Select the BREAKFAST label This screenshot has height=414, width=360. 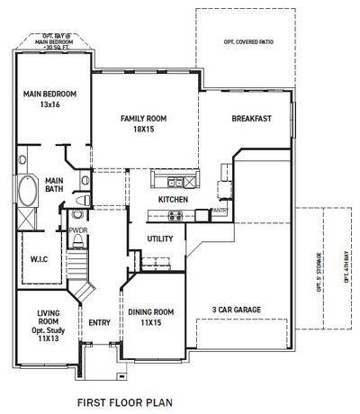(x=251, y=119)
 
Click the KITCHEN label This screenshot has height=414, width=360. (x=173, y=199)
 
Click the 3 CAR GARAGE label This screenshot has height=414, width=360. (x=236, y=310)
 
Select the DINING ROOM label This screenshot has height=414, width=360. (x=150, y=318)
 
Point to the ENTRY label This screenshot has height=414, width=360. (x=99, y=322)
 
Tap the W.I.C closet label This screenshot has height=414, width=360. (x=39, y=260)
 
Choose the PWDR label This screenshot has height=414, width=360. (x=76, y=229)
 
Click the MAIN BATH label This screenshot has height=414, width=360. (x=54, y=184)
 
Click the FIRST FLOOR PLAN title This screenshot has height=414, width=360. (x=124, y=403)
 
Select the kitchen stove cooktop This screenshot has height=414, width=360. (x=175, y=215)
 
